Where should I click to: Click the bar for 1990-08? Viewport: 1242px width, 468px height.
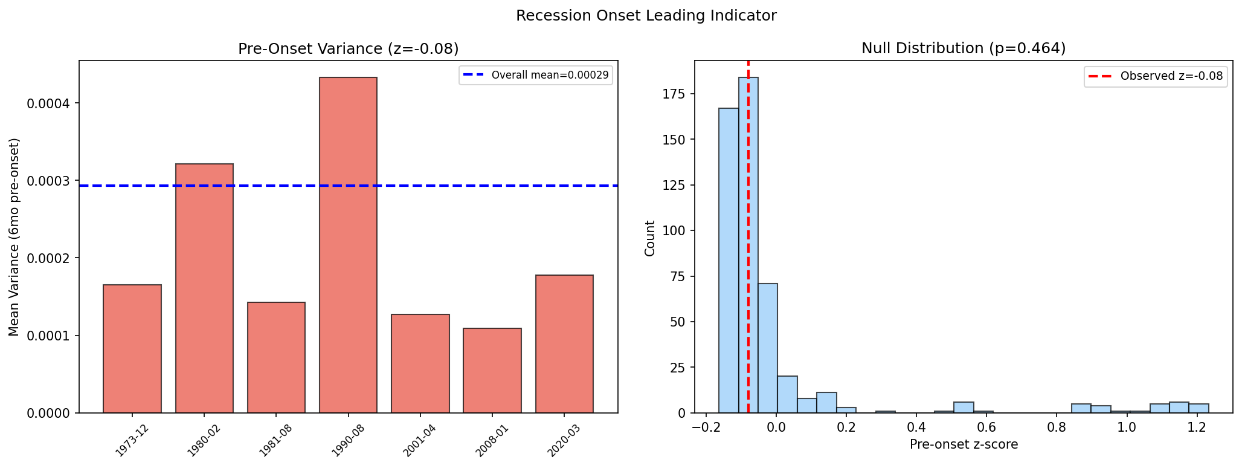348,245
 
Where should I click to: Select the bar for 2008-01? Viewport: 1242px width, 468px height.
492,370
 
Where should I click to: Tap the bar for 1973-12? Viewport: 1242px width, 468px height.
132,348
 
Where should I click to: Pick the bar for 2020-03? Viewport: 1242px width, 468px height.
564,343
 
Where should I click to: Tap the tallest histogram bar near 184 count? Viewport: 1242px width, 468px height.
748,245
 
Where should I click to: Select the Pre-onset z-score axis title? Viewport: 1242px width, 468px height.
964,445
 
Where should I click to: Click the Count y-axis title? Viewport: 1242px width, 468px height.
650,238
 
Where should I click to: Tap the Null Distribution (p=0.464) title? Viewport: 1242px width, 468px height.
964,48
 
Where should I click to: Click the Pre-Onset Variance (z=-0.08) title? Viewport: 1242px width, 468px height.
348,48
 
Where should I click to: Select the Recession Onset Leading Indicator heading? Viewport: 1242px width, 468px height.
646,16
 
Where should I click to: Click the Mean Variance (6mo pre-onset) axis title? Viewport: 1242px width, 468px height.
14,237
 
